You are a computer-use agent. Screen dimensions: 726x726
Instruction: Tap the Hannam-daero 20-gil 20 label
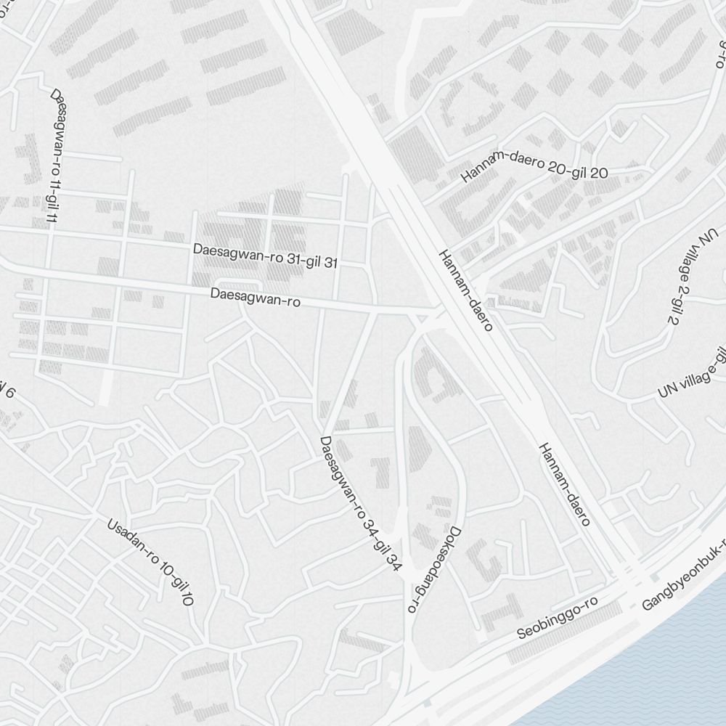point(535,173)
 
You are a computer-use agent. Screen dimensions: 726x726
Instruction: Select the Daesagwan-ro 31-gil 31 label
point(265,256)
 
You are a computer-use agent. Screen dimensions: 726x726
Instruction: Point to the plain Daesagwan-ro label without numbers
point(255,298)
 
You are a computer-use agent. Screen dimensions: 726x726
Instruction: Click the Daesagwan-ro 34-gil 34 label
point(360,504)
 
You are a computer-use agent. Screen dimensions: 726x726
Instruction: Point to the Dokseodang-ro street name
point(433,569)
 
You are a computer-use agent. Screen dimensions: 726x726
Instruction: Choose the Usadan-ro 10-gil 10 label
point(150,562)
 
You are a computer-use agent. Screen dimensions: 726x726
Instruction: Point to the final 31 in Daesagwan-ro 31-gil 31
point(330,264)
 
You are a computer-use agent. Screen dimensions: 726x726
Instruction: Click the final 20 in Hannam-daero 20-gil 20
point(599,173)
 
